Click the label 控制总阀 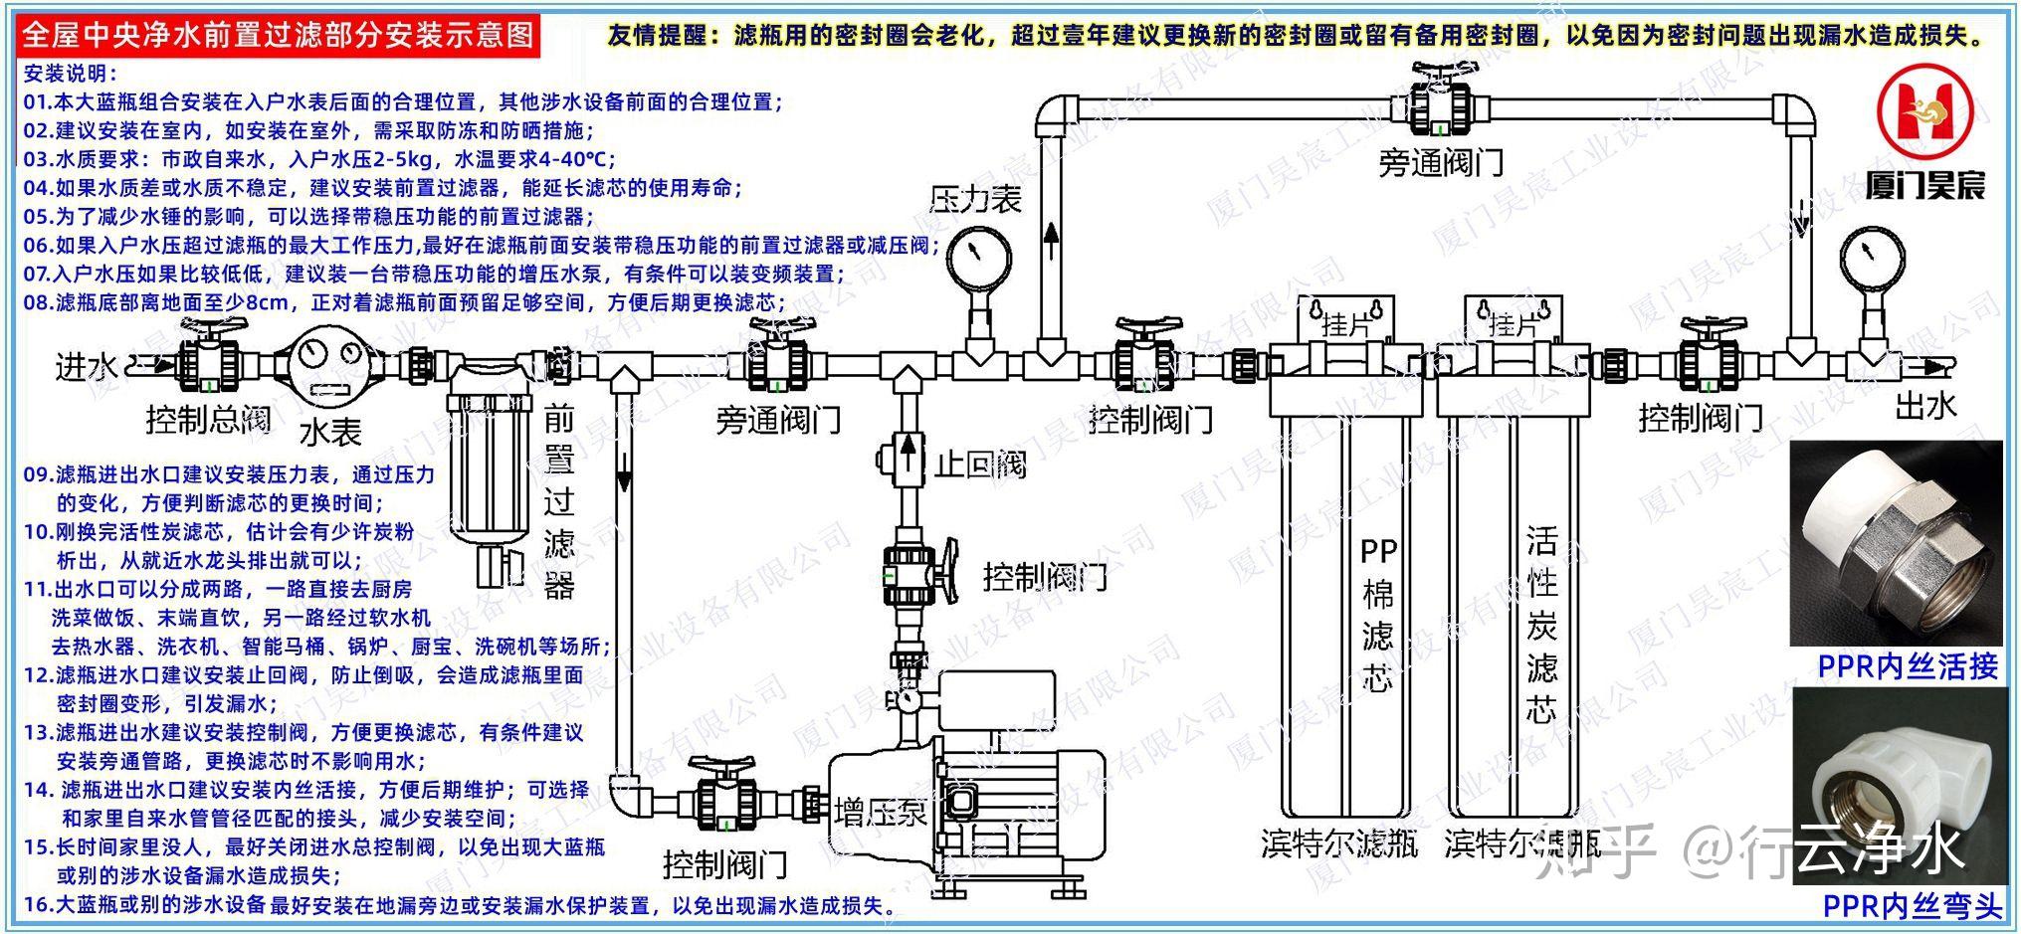[x=207, y=419]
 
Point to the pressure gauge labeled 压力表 [x=977, y=258]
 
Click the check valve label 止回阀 [x=979, y=464]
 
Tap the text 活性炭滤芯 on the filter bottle [x=1541, y=624]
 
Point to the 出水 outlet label [x=1925, y=404]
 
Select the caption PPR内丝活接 [x=1907, y=665]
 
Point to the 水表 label [x=330, y=432]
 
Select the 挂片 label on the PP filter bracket [x=1345, y=324]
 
